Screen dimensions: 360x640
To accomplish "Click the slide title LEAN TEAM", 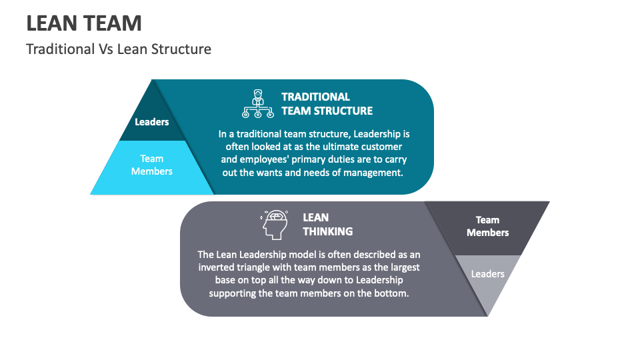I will click(84, 23).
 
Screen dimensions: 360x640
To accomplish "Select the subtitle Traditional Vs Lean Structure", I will click(119, 49).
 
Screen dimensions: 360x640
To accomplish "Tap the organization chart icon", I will click(257, 103).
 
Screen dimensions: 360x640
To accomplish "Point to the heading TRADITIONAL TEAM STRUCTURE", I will click(327, 104).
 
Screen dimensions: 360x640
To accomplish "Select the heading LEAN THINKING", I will click(327, 224).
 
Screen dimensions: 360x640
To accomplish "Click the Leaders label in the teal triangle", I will click(152, 122).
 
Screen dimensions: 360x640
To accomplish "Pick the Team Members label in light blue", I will click(152, 165).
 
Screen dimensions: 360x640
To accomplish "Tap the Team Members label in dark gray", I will click(487, 226).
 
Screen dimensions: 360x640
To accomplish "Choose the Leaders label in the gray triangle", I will click(487, 274).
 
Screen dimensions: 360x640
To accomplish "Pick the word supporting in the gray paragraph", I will click(234, 293).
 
